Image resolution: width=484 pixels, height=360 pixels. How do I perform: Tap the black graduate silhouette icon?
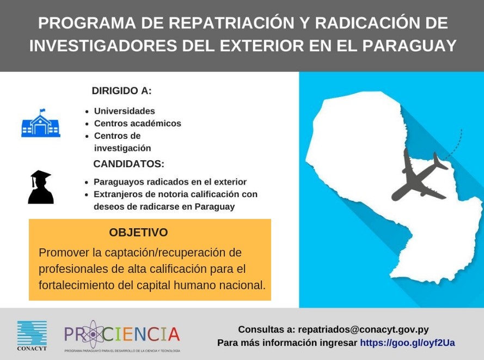pos(41,187)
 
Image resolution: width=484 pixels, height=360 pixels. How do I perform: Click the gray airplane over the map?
pos(420,174)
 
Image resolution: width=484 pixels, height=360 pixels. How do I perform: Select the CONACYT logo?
pos(32,335)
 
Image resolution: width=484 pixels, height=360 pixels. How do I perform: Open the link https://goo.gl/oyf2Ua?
pos(407,343)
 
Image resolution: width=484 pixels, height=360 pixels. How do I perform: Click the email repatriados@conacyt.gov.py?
pos(363,330)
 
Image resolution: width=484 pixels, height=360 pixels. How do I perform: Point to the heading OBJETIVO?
pos(138,232)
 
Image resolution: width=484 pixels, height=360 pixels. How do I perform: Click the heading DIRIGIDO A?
pos(121,91)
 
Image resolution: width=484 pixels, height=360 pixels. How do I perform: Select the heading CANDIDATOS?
pos(128,163)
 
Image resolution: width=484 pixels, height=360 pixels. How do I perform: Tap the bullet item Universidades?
pos(124,111)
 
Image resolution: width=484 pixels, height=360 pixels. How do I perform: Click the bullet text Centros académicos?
pos(138,123)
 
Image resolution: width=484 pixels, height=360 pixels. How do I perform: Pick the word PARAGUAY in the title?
pos(409,45)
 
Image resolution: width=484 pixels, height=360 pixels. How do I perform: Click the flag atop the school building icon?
pos(42,111)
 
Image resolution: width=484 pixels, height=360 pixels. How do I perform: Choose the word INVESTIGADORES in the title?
pos(103,45)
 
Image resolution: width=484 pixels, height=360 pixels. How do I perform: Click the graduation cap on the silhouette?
pos(40,175)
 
